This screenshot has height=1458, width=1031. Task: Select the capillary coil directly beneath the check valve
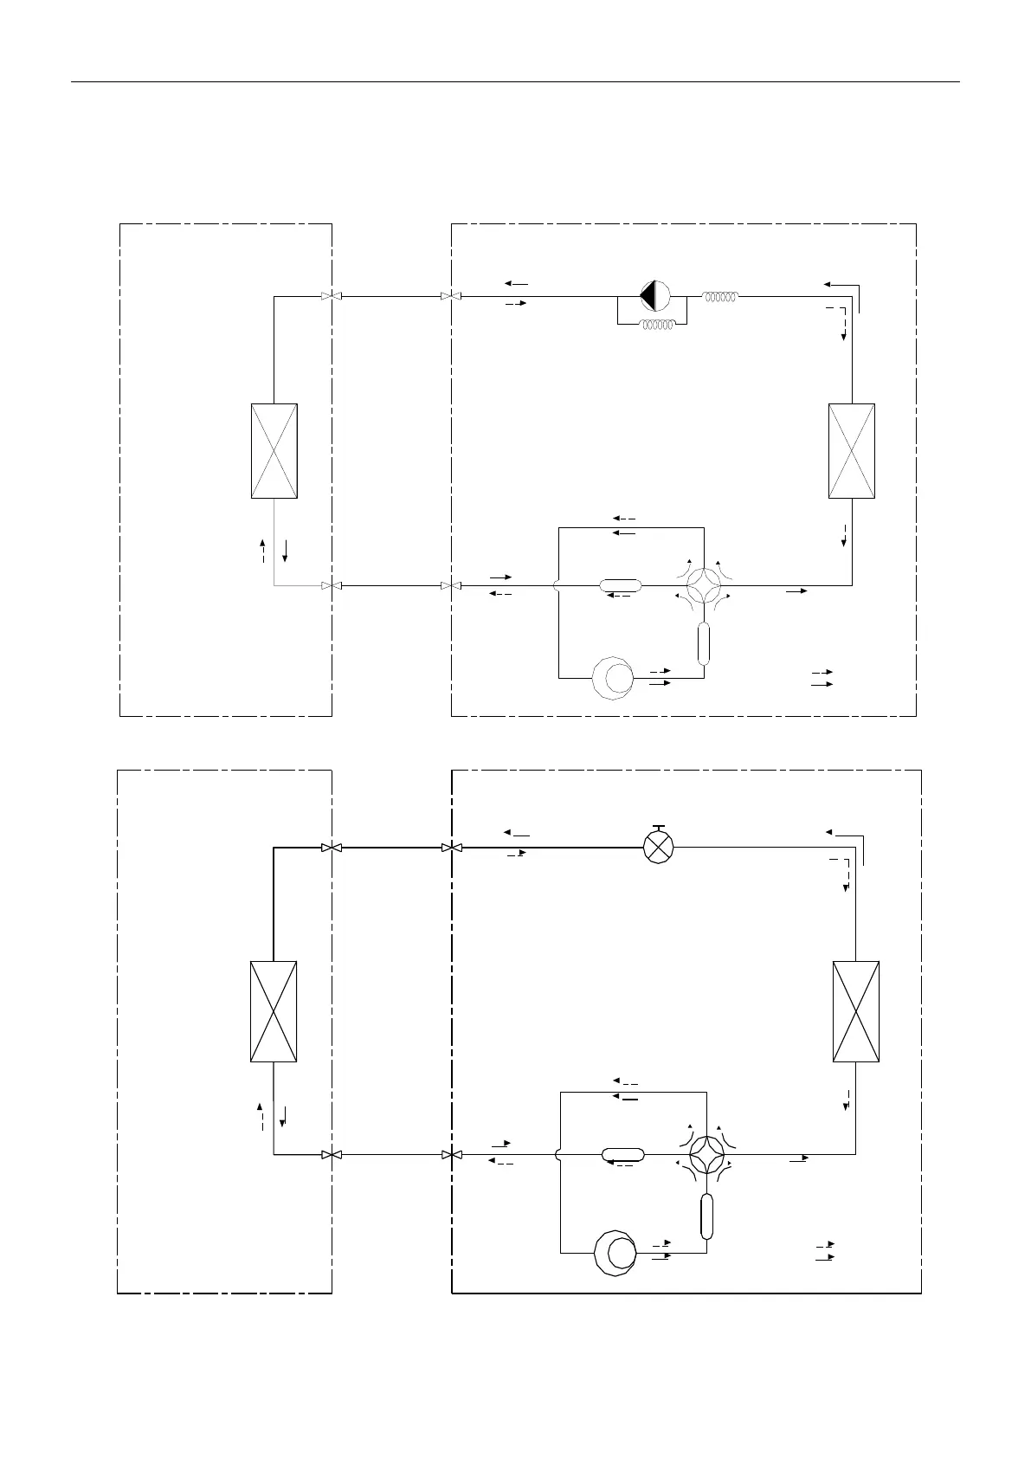[x=657, y=326]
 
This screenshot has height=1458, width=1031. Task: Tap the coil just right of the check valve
[x=720, y=296]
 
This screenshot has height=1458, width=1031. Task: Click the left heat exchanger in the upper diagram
[x=274, y=450]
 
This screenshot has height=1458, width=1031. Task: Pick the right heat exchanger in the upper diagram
[x=851, y=450]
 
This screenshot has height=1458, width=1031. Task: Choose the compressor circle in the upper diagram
[x=612, y=678]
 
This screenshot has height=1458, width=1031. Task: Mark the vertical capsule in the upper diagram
[x=703, y=642]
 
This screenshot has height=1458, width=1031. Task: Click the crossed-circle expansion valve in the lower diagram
[x=659, y=848]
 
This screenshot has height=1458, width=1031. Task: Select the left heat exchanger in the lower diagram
[x=274, y=1010]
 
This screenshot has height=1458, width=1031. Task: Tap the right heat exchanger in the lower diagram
[x=855, y=1010]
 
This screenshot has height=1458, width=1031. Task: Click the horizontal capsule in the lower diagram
[x=623, y=1154]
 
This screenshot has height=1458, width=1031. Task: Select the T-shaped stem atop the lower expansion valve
[x=659, y=829]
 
